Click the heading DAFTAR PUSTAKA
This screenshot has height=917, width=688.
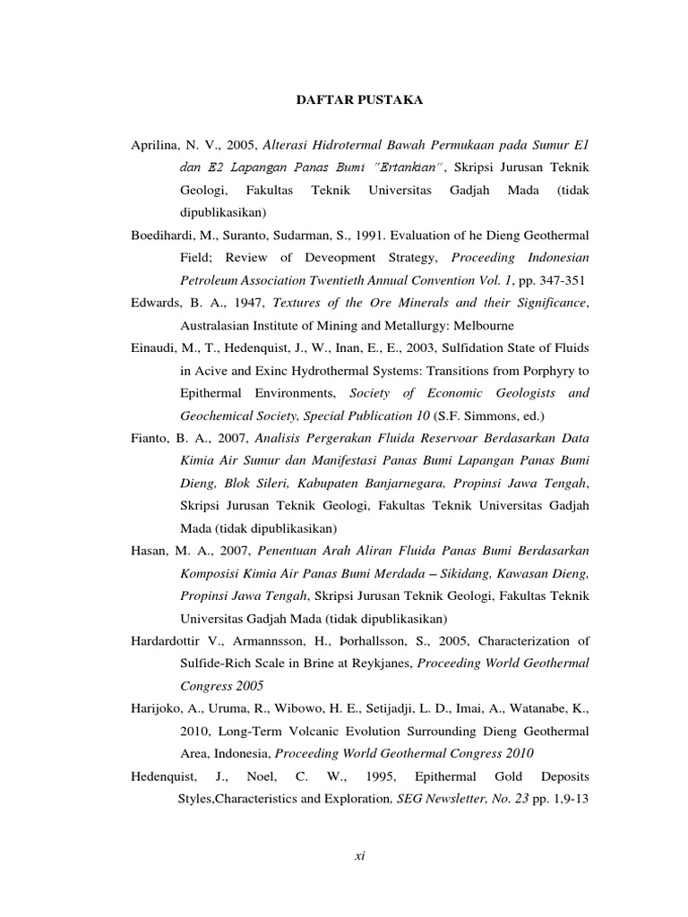359,101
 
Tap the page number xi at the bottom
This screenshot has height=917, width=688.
359,856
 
